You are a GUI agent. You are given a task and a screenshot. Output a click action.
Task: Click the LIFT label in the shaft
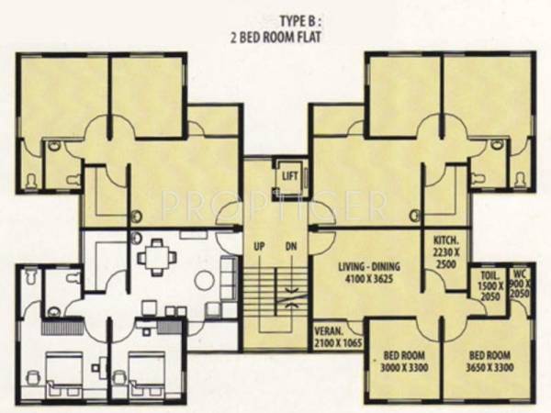coord(290,174)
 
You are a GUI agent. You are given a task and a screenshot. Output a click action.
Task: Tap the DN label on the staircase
coord(290,247)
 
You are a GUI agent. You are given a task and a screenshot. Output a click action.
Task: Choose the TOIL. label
coord(487,273)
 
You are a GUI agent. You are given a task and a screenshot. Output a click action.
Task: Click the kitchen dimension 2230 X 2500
coord(446,256)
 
